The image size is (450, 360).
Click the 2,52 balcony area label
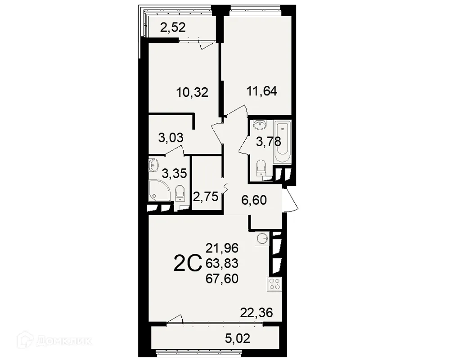point(174,28)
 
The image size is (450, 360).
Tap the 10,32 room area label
point(192,93)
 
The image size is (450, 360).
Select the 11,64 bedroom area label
point(261,91)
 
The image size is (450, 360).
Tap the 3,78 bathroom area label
point(269,142)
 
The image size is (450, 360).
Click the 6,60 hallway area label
point(254,199)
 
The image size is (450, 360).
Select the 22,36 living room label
point(256,312)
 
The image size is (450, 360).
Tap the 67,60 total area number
point(222,279)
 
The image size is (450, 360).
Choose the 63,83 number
point(222,263)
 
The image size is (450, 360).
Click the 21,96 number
point(222,247)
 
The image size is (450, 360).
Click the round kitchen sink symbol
point(262,238)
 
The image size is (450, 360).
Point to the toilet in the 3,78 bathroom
point(260,168)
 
